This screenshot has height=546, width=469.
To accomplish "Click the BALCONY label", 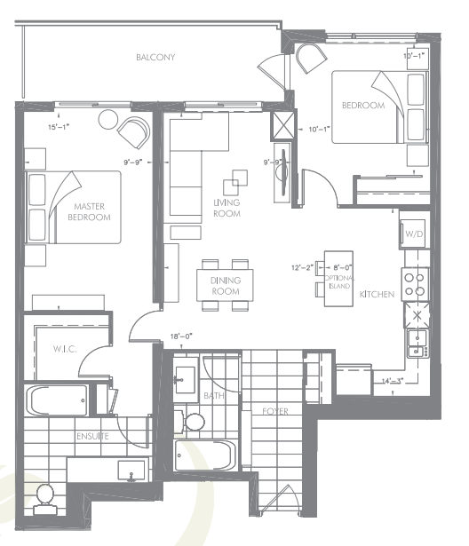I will point(155,58).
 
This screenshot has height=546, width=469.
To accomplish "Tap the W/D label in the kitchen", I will point(414,234).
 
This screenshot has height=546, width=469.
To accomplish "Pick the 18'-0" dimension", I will point(182,336).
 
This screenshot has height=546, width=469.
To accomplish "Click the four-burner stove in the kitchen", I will point(414,284).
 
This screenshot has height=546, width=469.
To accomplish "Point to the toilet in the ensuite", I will point(44,498).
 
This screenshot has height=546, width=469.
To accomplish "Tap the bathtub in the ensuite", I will point(58,400).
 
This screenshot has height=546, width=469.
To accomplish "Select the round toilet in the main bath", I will point(195,419).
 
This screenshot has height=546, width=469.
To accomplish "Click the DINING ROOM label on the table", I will point(225,286).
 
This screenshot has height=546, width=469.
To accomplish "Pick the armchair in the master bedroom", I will point(134,132).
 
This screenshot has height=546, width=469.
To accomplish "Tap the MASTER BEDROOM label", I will point(92,211).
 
